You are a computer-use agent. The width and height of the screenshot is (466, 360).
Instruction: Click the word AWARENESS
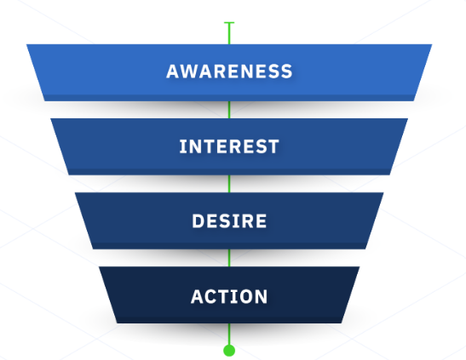tap(229, 71)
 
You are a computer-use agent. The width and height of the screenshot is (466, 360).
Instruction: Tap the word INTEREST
tap(229, 146)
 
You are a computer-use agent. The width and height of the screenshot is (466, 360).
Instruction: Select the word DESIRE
tap(229, 221)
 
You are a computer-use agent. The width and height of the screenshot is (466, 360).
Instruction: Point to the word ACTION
tap(229, 296)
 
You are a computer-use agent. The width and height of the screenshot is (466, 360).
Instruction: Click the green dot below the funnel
tap(229, 351)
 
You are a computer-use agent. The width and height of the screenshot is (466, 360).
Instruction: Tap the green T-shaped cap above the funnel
tap(229, 23)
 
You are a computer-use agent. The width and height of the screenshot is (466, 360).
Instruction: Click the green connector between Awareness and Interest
tap(229, 110)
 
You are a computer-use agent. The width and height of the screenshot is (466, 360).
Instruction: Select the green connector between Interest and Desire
tap(229, 184)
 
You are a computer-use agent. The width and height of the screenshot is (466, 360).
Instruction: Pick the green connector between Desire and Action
tap(229, 258)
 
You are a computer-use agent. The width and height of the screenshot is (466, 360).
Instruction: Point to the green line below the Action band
tap(229, 334)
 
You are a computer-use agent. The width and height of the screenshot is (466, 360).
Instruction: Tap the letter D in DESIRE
tap(198, 221)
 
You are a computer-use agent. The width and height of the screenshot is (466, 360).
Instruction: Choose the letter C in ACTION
tap(213, 296)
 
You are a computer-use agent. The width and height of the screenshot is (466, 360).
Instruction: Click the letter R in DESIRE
tap(247, 221)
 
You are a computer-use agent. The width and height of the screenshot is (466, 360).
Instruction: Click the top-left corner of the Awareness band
tap(26, 44)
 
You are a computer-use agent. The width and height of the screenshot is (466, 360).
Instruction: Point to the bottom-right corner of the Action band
tap(342, 323)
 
